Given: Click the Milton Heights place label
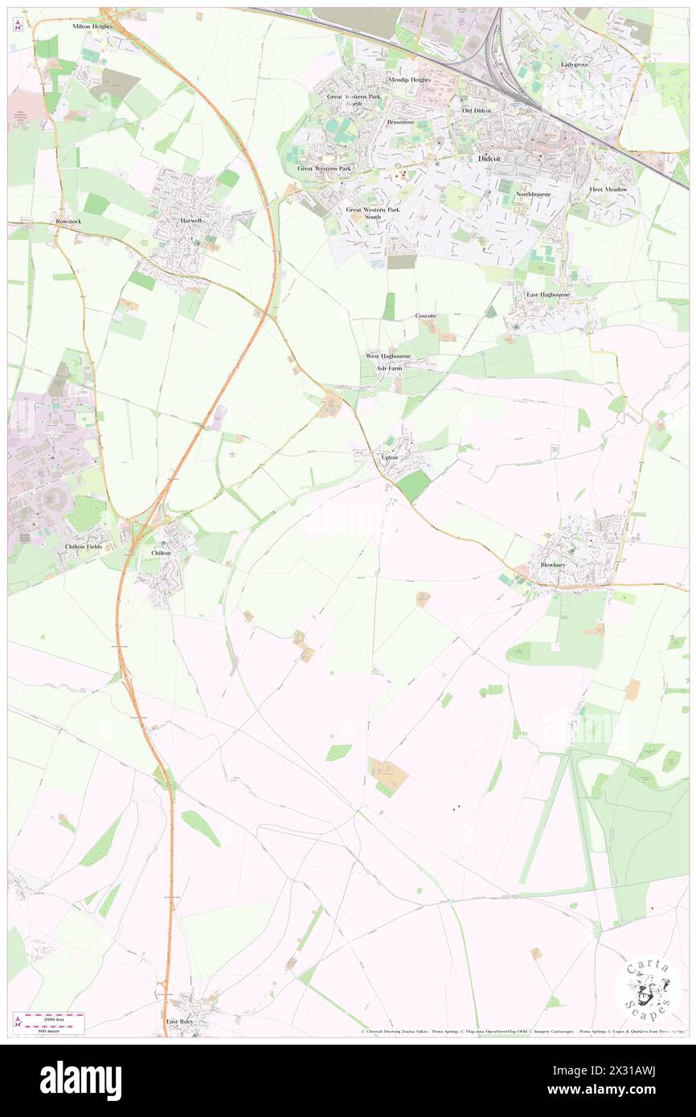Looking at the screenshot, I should pyautogui.click(x=92, y=27).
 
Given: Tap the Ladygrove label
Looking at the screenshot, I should pyautogui.click(x=575, y=63).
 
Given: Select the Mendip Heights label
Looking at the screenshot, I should pyautogui.click(x=409, y=80).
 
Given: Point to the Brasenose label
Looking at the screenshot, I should pyautogui.click(x=399, y=121).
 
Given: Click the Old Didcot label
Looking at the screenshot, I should pyautogui.click(x=477, y=110).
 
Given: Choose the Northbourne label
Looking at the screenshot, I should pyautogui.click(x=533, y=194).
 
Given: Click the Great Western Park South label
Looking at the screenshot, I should pyautogui.click(x=373, y=213).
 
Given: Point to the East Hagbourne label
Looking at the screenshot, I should pyautogui.click(x=548, y=295).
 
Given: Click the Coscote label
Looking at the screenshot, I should pyautogui.click(x=425, y=316).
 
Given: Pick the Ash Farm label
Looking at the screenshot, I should pyautogui.click(x=389, y=368).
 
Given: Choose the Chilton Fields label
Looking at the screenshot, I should pyautogui.click(x=85, y=546).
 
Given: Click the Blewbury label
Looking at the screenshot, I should pyautogui.click(x=555, y=565).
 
